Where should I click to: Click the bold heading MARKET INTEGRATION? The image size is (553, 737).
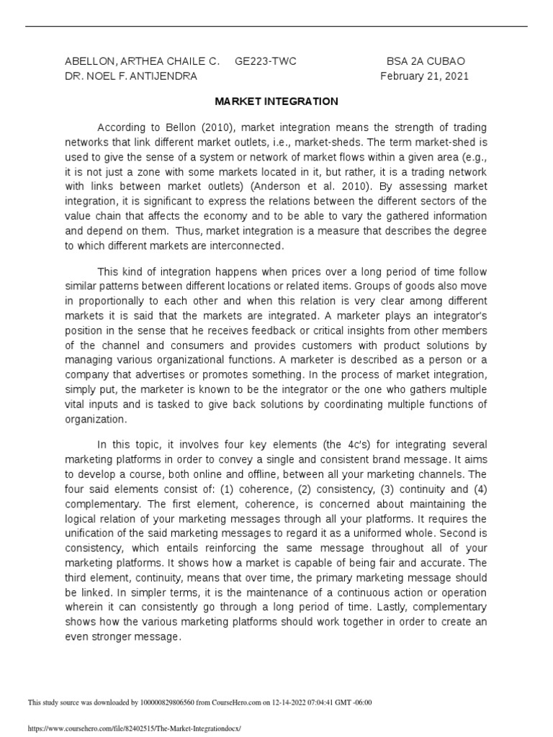tap(276, 102)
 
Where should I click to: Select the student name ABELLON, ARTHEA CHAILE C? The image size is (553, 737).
tap(142, 62)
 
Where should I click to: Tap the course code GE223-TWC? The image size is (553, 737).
tap(266, 62)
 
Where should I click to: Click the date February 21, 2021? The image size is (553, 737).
tap(424, 76)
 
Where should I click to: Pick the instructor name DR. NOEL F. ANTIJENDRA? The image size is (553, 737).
tap(130, 76)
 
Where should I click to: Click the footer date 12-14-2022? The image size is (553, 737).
tap(292, 702)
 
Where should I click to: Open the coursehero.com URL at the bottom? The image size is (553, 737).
tap(133, 728)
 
